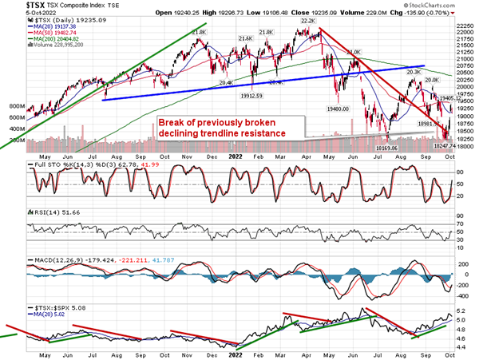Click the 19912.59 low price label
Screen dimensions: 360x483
click(251, 94)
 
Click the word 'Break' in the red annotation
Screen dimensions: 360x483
click(173, 122)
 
